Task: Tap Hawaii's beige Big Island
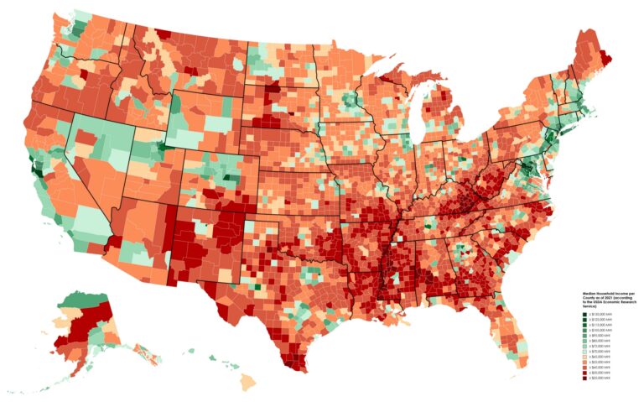click(x=249, y=382)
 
